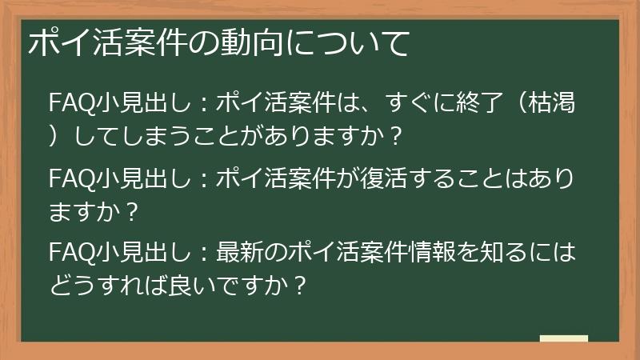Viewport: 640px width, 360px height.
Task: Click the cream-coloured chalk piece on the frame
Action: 564,338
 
